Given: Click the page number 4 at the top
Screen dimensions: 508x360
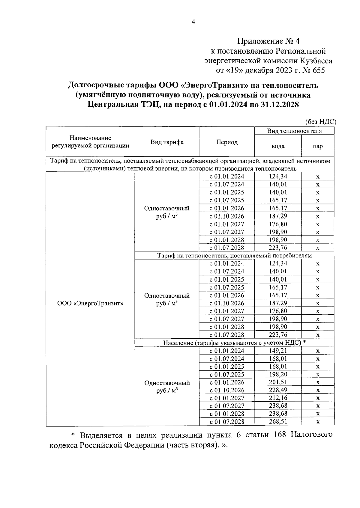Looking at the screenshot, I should click(x=193, y=22).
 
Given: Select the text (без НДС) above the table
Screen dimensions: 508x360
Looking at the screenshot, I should click(x=321, y=122).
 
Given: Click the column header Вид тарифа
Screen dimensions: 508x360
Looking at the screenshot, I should click(x=167, y=142).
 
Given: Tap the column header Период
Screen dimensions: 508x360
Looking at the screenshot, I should click(x=227, y=142).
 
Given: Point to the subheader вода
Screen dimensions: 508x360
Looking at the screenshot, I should click(x=278, y=146).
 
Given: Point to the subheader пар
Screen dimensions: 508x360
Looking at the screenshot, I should click(x=318, y=146).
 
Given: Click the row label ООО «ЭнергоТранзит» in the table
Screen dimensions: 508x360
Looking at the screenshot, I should click(x=90, y=303).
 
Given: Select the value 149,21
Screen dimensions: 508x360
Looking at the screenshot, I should click(x=278, y=351).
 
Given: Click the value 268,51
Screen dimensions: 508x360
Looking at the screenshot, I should click(x=278, y=422).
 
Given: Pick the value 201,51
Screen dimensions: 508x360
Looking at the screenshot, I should click(x=278, y=382).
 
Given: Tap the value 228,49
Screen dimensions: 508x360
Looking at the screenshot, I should click(x=278, y=390).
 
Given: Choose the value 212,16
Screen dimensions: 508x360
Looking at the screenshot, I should click(x=278, y=398).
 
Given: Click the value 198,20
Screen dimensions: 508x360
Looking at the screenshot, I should click(x=278, y=374).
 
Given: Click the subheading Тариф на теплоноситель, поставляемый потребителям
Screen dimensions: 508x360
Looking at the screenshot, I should click(x=234, y=256).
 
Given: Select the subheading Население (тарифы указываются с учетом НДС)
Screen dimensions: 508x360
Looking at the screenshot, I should click(x=232, y=343).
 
